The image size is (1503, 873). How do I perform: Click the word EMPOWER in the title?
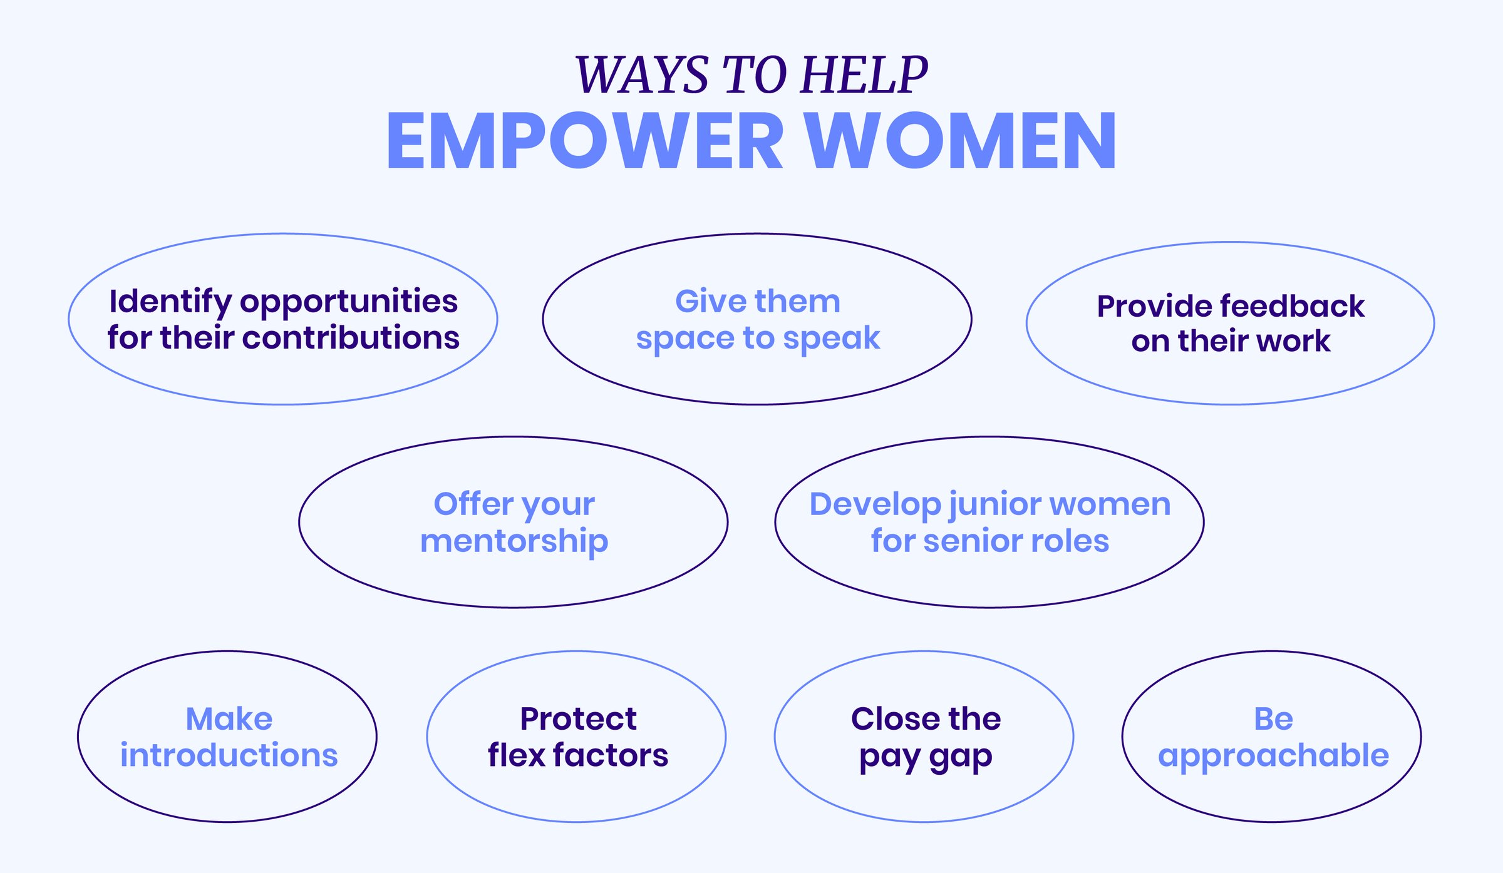click(584, 141)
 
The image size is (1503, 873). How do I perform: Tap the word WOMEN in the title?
click(960, 141)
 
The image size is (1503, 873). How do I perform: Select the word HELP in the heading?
click(864, 75)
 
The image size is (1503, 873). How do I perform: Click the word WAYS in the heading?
click(642, 75)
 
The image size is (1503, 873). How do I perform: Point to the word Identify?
click(170, 302)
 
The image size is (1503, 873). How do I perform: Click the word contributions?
click(351, 338)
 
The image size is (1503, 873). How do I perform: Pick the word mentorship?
click(514, 541)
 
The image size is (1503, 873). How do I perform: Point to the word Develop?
click(875, 504)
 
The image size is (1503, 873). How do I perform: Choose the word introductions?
click(229, 755)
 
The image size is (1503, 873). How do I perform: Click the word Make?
click(229, 719)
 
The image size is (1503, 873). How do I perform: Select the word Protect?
click(578, 719)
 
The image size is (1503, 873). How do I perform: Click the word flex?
click(517, 755)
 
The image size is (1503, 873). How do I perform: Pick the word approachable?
click(1273, 756)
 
